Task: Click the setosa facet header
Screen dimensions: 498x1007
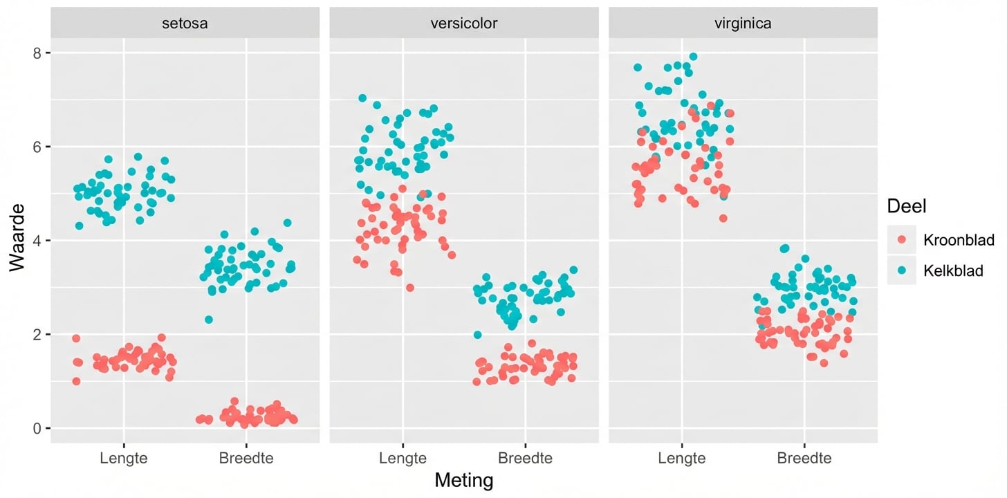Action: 185,24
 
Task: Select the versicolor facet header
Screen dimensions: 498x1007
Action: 463,24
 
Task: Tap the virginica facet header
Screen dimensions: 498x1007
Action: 743,24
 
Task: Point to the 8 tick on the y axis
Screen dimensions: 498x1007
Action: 38,53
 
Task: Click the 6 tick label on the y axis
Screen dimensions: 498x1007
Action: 38,147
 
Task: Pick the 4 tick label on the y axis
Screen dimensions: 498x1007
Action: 38,241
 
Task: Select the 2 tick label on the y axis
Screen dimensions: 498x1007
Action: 38,335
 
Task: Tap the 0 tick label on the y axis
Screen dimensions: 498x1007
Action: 38,428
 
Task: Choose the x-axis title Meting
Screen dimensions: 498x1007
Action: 463,481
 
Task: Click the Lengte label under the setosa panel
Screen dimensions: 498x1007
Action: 123,458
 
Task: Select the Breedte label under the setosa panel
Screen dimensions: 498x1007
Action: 246,458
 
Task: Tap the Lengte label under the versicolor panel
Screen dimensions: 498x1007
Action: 403,458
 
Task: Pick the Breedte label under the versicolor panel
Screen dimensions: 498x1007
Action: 525,458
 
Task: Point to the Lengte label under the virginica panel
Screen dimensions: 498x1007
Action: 682,458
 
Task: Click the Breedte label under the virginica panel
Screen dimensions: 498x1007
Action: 804,458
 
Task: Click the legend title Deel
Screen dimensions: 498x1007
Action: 906,205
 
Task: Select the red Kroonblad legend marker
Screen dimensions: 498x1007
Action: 901,239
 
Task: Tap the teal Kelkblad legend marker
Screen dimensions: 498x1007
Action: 901,270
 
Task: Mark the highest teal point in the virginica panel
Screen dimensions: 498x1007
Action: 693,57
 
